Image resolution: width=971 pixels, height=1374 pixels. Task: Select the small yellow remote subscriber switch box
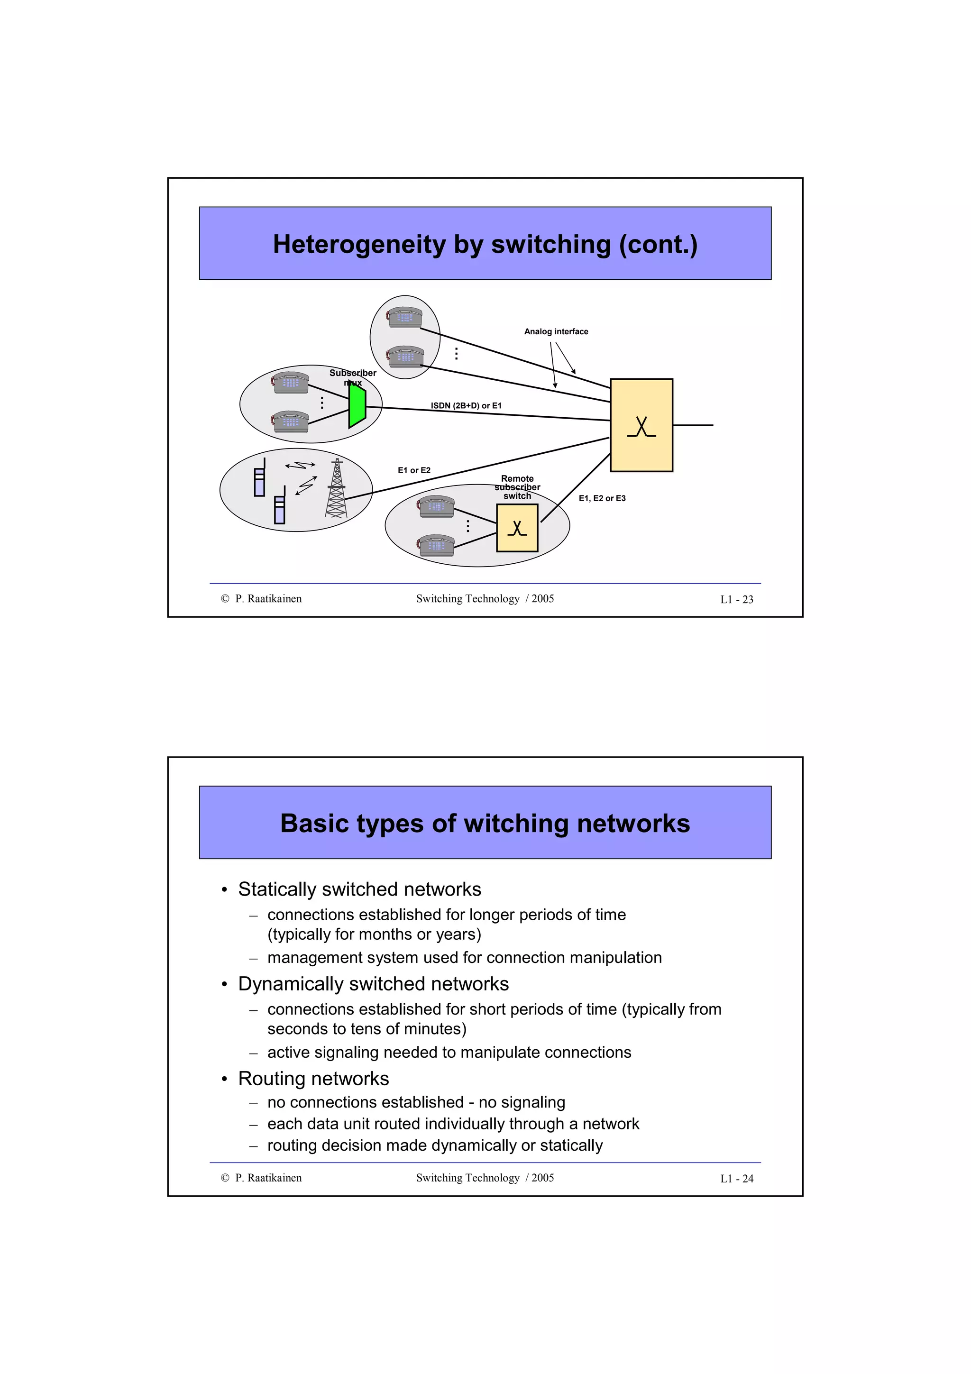[x=517, y=528]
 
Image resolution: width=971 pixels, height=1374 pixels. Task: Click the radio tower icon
[x=336, y=488]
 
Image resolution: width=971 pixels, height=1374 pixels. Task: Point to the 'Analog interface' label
[x=556, y=331]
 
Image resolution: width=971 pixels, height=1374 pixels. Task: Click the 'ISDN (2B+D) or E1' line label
[x=466, y=406]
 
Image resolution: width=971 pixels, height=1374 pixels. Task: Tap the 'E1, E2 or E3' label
[x=602, y=498]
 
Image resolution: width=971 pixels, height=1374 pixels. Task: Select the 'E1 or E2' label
[x=414, y=470]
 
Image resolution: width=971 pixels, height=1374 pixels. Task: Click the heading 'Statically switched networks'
[x=359, y=889]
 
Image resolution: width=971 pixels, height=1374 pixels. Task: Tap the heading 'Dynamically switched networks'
[x=373, y=984]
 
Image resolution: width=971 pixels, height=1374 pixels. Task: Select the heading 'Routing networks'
[x=313, y=1078]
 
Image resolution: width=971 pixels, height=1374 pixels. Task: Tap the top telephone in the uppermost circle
[x=404, y=317]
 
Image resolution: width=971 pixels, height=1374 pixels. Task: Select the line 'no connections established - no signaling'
[x=416, y=1102]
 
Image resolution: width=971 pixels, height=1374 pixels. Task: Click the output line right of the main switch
[x=693, y=425]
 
